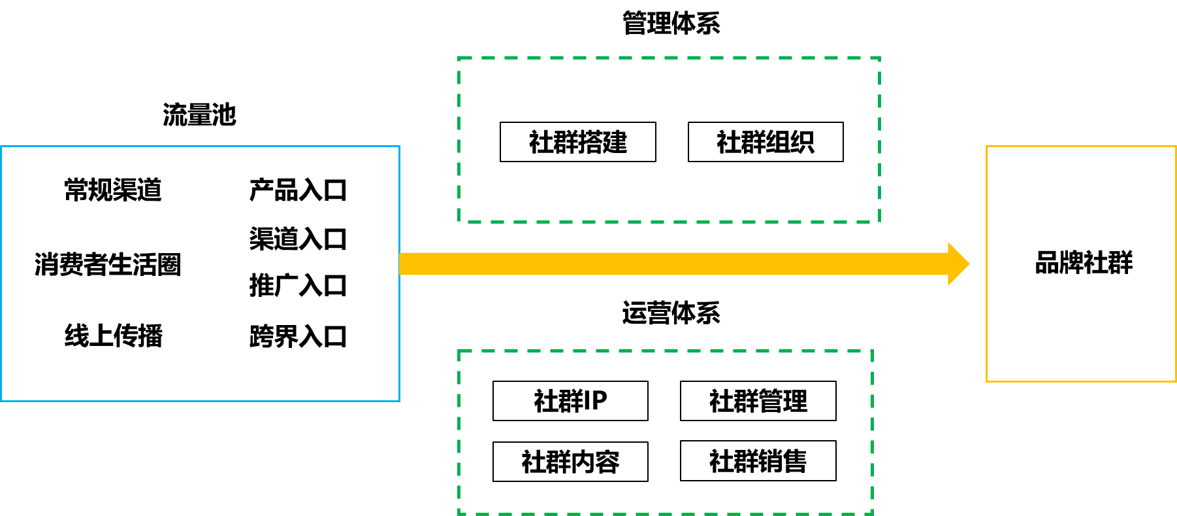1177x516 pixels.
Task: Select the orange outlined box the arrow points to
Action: pos(1081,264)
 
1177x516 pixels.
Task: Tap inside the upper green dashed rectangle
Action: pos(669,140)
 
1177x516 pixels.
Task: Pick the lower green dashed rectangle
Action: pos(666,432)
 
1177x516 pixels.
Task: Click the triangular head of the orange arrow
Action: pos(958,264)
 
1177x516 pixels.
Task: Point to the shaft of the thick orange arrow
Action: pos(673,264)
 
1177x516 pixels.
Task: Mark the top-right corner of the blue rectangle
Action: pos(399,146)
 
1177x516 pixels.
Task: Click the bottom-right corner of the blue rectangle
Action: pos(399,400)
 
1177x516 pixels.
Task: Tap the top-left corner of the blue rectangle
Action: pos(1,146)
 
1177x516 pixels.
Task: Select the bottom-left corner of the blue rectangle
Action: pos(1,400)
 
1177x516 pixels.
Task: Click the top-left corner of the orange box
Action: pos(987,146)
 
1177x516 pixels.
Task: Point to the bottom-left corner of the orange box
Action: pos(987,381)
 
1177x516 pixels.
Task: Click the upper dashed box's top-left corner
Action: pos(459,58)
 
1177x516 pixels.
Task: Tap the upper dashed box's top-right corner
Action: pos(880,58)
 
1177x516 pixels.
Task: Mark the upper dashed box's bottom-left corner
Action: pos(459,222)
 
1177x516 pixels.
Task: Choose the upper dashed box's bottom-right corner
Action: pos(880,222)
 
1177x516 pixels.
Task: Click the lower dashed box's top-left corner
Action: pos(459,351)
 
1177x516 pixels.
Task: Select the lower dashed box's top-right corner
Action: pos(872,351)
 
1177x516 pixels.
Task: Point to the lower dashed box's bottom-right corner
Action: pos(872,513)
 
